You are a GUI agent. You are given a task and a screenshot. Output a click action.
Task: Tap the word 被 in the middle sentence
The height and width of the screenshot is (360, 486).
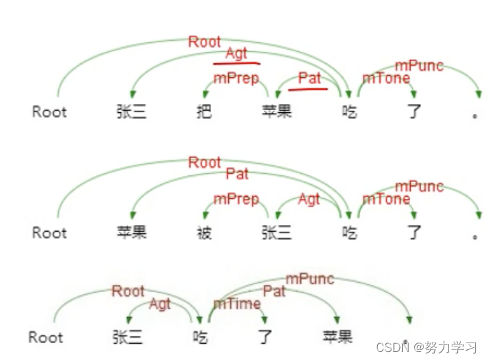coord(204,232)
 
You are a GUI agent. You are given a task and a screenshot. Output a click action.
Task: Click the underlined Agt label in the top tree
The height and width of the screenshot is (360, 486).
coord(236,54)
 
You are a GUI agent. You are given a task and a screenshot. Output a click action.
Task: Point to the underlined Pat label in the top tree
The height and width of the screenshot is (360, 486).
coord(309,77)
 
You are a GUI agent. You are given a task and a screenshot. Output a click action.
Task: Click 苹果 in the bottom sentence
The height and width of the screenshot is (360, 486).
coord(336,336)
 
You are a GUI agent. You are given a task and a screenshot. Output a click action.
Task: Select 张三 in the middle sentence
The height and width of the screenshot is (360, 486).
coord(278,232)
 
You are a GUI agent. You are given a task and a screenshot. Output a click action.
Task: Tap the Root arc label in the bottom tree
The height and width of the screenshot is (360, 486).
coord(128,291)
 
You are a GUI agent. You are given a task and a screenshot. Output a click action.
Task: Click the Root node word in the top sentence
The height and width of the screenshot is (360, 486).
coord(50,111)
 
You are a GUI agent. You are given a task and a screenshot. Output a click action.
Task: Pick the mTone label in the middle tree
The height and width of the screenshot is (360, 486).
coord(386,199)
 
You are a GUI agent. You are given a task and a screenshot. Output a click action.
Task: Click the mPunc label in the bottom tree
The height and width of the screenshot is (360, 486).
coord(309,278)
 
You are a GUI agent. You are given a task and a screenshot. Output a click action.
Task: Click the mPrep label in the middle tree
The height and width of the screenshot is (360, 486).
coord(236,199)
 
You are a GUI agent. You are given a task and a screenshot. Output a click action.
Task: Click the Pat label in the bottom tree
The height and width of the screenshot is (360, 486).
coord(274,291)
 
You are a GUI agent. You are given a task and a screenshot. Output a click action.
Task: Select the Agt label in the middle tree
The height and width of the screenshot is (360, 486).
coord(309,199)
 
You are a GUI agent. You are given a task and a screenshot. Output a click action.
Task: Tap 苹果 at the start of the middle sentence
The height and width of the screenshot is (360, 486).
coord(132,232)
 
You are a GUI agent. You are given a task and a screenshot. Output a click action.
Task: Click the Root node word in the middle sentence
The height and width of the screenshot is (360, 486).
coord(50,232)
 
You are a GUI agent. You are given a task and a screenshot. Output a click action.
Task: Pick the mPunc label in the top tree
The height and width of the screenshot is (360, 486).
coord(419,65)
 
